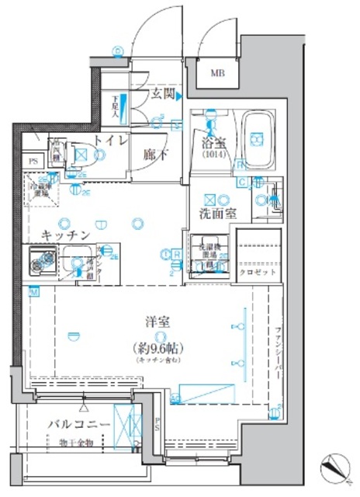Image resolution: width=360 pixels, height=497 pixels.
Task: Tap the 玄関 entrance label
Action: [x=161, y=96]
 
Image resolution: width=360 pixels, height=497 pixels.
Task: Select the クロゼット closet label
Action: [x=254, y=273]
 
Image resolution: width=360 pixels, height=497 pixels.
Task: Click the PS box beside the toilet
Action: [x=33, y=161]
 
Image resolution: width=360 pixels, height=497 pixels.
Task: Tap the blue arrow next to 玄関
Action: [x=178, y=96]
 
